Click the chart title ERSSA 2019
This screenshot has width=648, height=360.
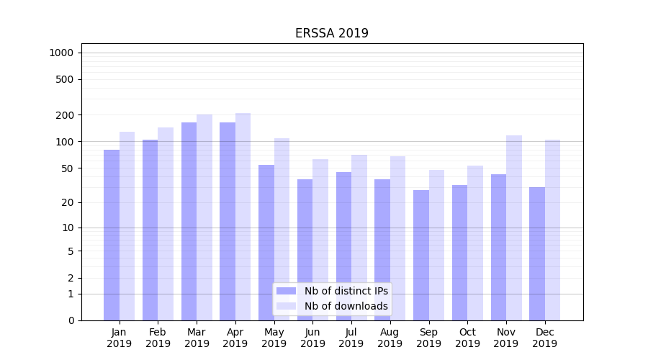pyautogui.click(x=331, y=33)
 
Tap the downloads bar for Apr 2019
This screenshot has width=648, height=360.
pyautogui.click(x=243, y=217)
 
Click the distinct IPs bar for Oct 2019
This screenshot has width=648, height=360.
pyautogui.click(x=459, y=253)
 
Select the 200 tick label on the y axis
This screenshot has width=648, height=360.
pyautogui.click(x=65, y=115)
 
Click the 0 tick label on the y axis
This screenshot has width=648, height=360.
pyautogui.click(x=71, y=320)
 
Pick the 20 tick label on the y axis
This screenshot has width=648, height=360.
pyautogui.click(x=68, y=202)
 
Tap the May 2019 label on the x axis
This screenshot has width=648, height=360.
pyautogui.click(x=274, y=338)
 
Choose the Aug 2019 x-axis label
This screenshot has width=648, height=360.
pyautogui.click(x=390, y=338)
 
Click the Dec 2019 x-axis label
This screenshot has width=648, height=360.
pyautogui.click(x=544, y=338)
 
